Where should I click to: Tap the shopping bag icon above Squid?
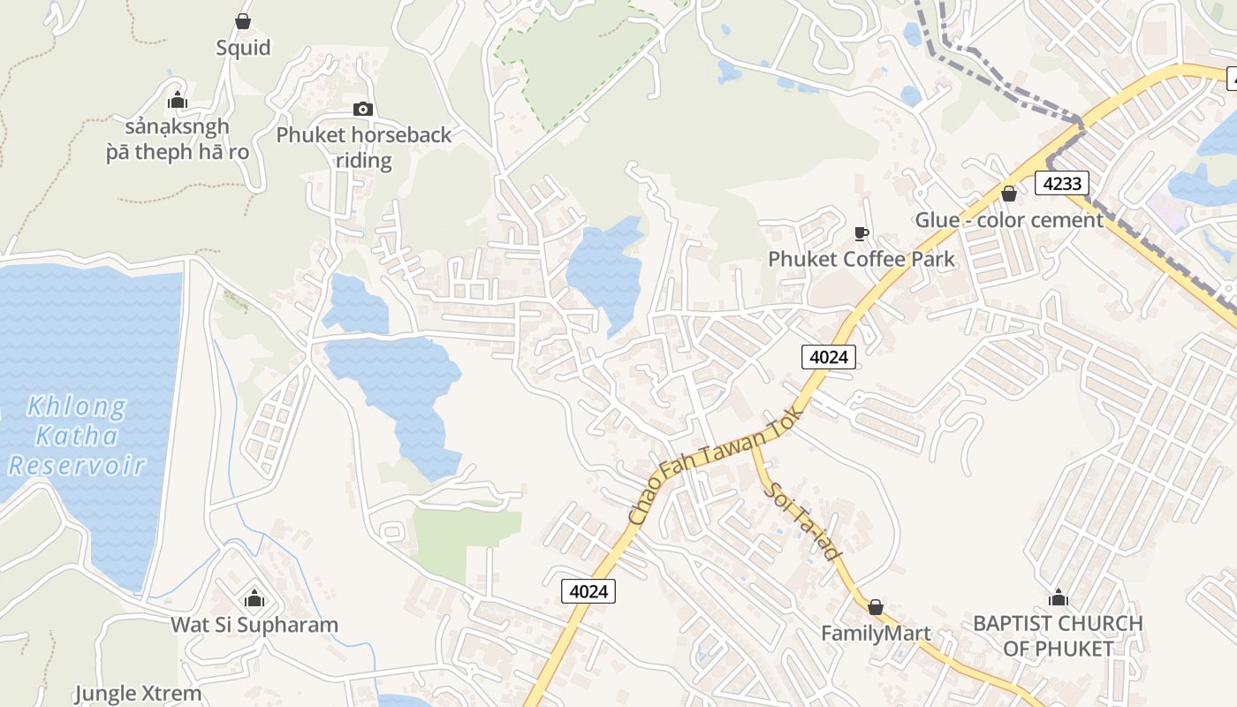click(x=243, y=20)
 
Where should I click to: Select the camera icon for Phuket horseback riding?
click(x=363, y=110)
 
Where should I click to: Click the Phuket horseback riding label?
click(x=364, y=148)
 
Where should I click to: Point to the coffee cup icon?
click(x=861, y=233)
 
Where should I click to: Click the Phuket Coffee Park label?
click(x=861, y=259)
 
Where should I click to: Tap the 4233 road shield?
click(x=1061, y=183)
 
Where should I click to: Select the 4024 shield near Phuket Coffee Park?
click(x=829, y=356)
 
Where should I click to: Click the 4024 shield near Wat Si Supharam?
click(x=588, y=590)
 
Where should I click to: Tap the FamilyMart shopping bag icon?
click(x=876, y=607)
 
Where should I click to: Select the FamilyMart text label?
click(x=876, y=634)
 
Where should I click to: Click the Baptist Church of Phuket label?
click(x=1058, y=635)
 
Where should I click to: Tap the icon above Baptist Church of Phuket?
click(x=1058, y=598)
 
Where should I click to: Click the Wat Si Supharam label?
click(x=254, y=625)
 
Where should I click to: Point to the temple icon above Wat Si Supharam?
click(x=254, y=599)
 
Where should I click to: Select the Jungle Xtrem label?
click(x=138, y=694)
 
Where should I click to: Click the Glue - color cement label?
click(x=1009, y=220)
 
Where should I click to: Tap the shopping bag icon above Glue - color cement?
click(x=1009, y=194)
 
